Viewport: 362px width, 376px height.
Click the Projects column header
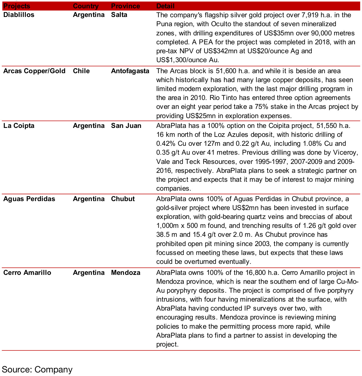[17, 6]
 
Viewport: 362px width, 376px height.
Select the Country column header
[86, 6]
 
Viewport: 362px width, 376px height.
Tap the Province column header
[125, 6]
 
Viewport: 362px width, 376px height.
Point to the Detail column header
[165, 6]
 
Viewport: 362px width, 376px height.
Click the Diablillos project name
[19, 15]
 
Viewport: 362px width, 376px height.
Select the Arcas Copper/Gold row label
[34, 71]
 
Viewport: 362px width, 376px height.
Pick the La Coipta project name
[19, 126]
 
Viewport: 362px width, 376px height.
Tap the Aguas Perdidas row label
[29, 199]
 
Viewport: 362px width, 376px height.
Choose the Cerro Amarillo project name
[27, 273]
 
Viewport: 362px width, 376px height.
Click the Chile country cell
[81, 71]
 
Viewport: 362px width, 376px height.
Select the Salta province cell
[119, 15]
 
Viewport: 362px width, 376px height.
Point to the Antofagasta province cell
[130, 71]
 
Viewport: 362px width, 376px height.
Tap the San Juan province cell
[126, 126]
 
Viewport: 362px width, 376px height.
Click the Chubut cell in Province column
[123, 199]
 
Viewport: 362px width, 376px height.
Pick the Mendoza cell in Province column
[126, 273]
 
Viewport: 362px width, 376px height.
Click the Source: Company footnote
[37, 369]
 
